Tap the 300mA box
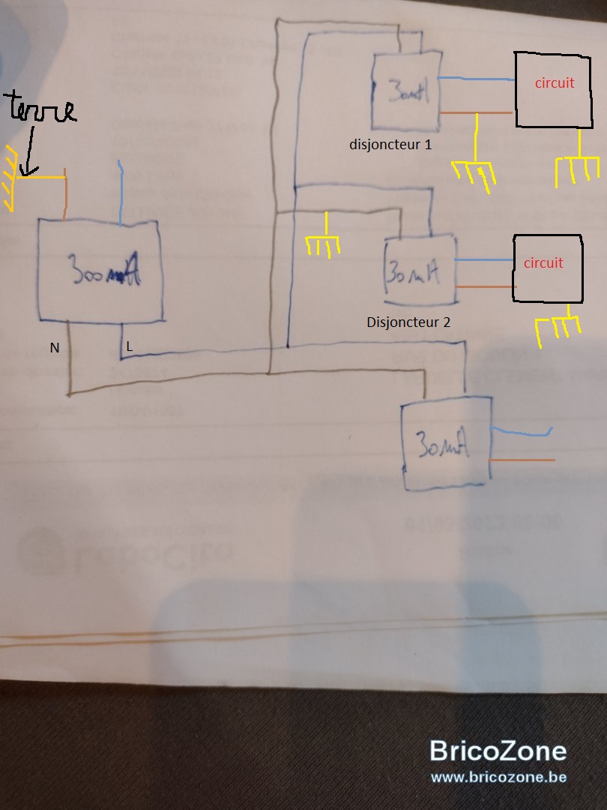point(100,271)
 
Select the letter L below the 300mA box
point(130,346)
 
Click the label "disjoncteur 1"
point(390,143)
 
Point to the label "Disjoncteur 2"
point(408,323)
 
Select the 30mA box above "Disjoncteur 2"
point(420,271)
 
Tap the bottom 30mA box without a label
point(446,448)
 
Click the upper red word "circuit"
point(555,82)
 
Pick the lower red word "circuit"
point(543,263)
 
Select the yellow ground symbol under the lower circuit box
point(559,328)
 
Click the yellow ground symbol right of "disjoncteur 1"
point(474,170)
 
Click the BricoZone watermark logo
point(498,751)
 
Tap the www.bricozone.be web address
point(498,777)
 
